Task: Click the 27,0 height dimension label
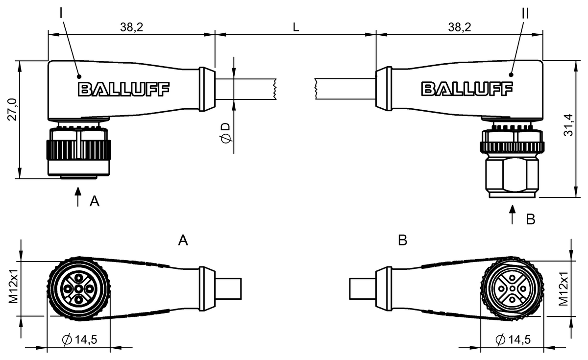(12, 109)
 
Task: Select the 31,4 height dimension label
(568, 125)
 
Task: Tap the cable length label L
(296, 27)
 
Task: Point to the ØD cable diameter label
(226, 133)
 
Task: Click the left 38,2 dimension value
(131, 27)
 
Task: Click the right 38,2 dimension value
(460, 27)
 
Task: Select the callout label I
(61, 13)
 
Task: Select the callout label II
(525, 13)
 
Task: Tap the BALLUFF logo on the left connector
(123, 89)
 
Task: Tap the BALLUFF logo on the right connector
(467, 89)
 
